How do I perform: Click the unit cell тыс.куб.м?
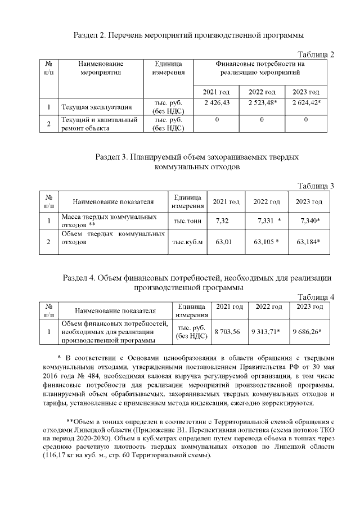187,242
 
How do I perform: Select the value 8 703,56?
227,332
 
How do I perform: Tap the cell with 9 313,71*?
266,332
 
